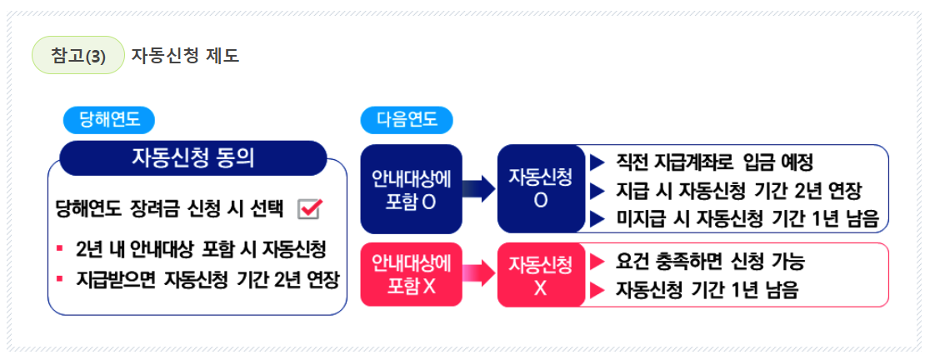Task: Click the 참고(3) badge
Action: (77, 56)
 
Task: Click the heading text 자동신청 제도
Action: (185, 56)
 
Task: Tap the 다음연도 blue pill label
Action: (407, 120)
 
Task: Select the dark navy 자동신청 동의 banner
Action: (192, 157)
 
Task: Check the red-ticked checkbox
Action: (309, 209)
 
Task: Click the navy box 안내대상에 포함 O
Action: (411, 189)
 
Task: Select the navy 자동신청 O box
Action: (540, 189)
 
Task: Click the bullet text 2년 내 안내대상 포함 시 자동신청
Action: (200, 250)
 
